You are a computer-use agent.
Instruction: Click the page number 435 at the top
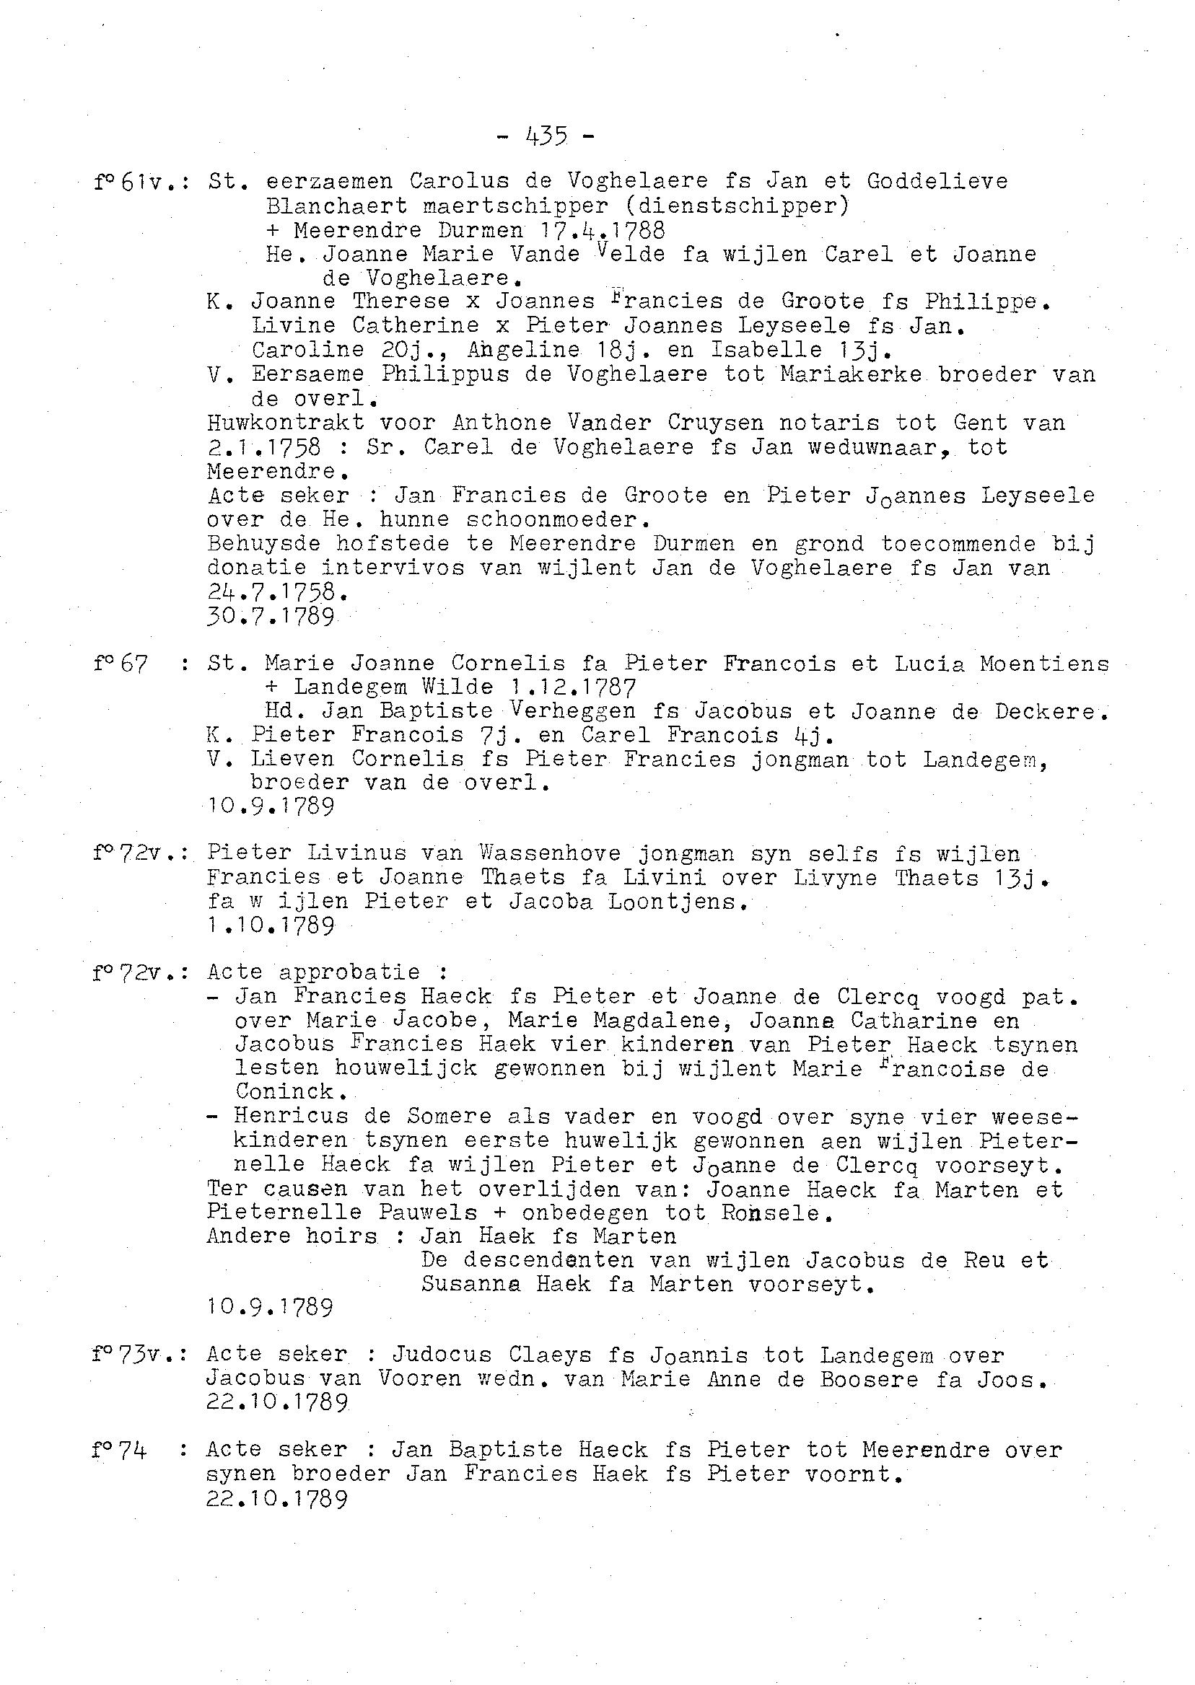pyautogui.click(x=546, y=136)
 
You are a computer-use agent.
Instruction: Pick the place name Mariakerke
pyautogui.click(x=852, y=374)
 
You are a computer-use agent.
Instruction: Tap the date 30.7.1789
pyautogui.click(x=271, y=616)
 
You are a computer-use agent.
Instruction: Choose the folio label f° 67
pyautogui.click(x=122, y=664)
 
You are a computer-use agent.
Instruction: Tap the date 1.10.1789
pyautogui.click(x=271, y=925)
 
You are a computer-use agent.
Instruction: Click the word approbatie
pyautogui.click(x=349, y=972)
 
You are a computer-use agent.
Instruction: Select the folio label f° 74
pyautogui.click(x=121, y=1450)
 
